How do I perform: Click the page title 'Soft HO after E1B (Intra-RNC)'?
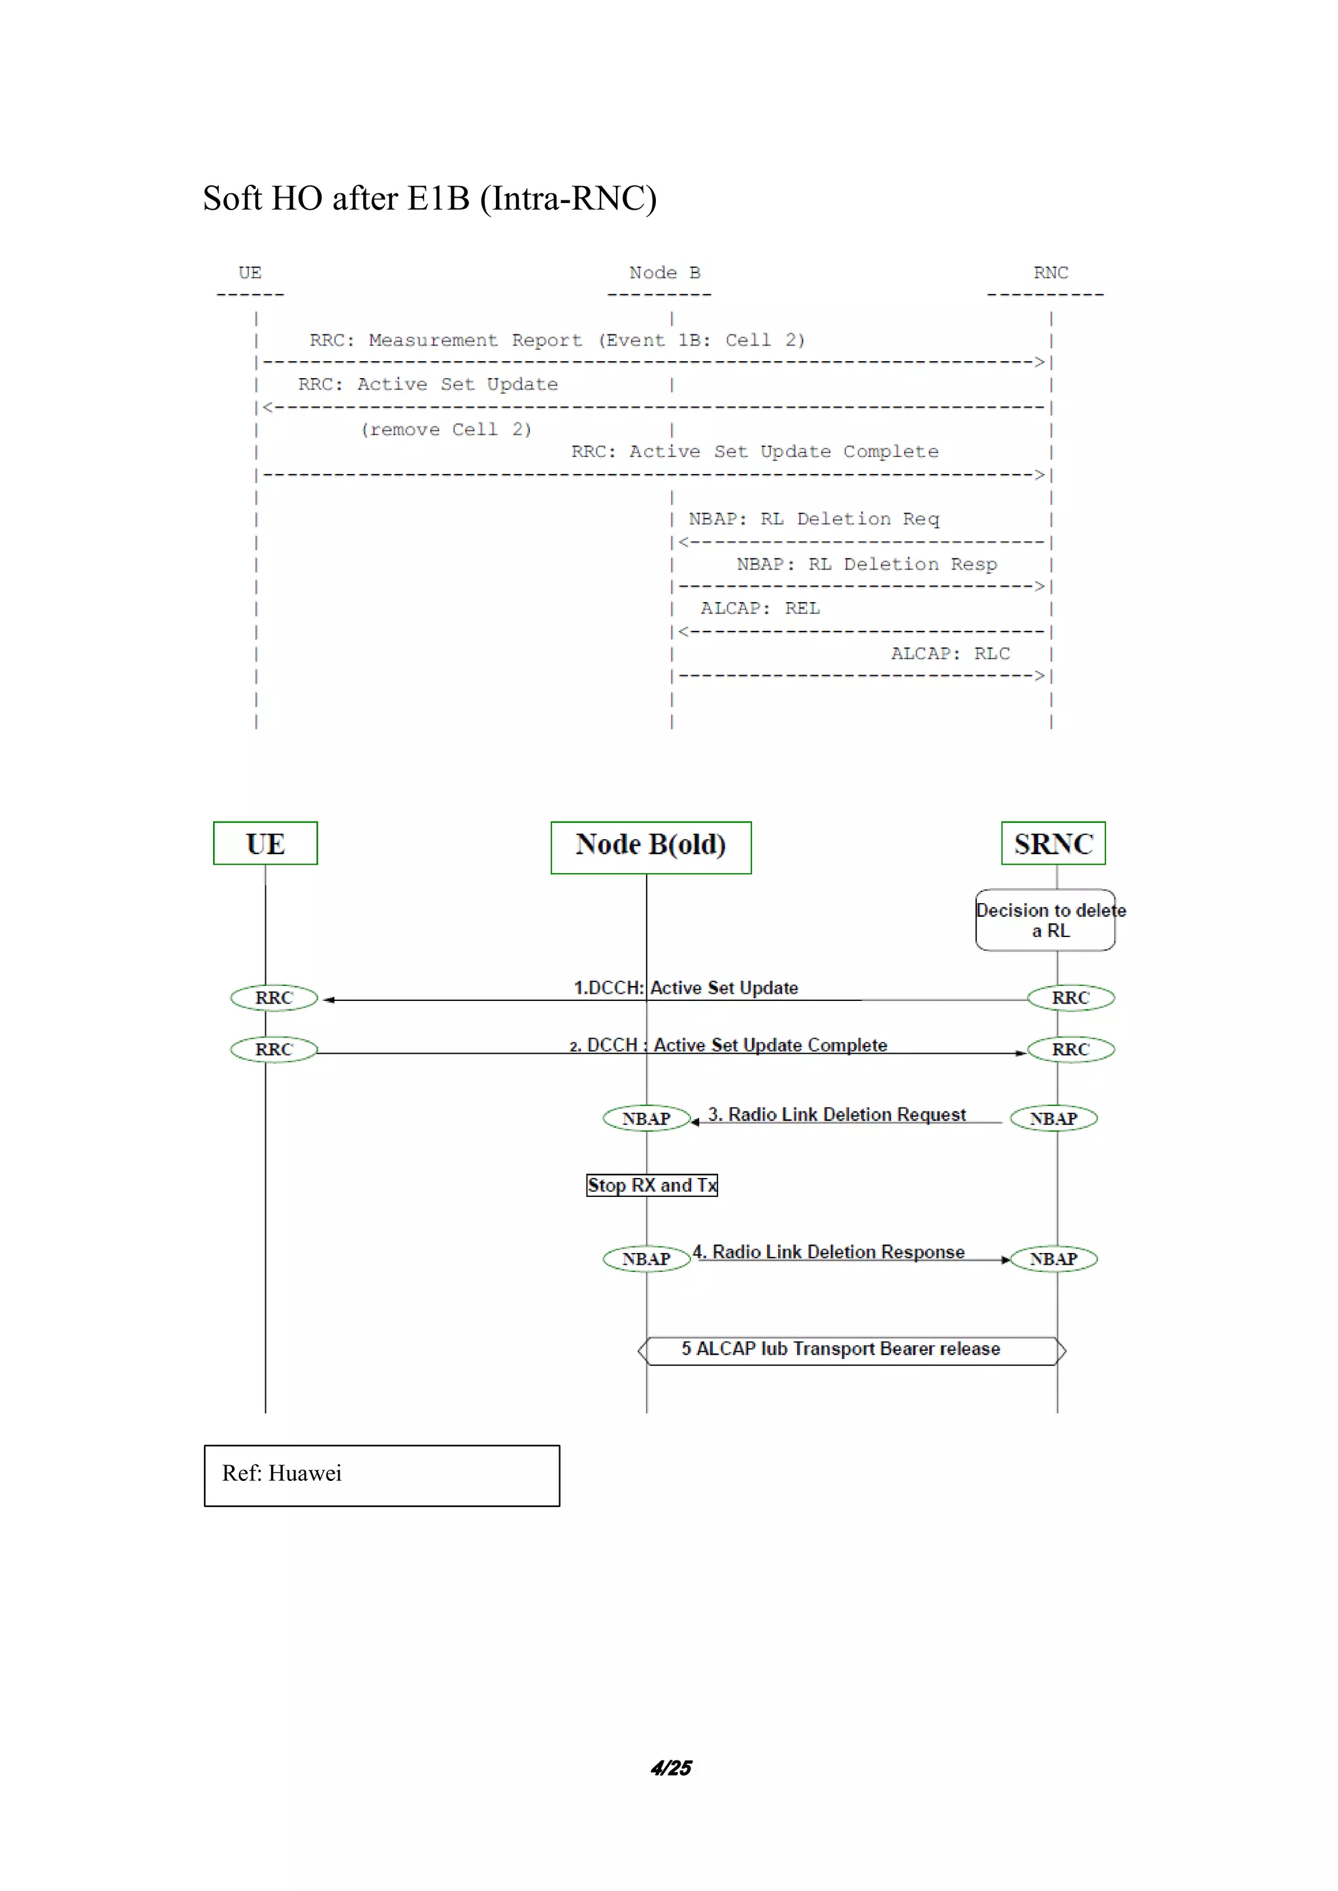coord(429,199)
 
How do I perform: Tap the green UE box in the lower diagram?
coord(265,844)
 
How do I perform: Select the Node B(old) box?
coord(651,847)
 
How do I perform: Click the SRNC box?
coord(1053,844)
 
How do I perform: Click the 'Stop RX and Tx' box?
coord(652,1185)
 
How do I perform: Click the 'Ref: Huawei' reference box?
coord(382,1474)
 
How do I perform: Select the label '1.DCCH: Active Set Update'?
coord(685,987)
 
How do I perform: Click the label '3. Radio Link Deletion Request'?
coord(836,1115)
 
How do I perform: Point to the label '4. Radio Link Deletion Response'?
coord(828,1252)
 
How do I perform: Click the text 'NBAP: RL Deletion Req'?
coord(813,519)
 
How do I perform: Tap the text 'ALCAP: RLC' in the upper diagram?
coord(950,654)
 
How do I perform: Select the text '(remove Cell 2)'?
coord(446,430)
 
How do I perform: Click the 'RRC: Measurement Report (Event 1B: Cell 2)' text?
coord(557,340)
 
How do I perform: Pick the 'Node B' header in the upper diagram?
coord(664,272)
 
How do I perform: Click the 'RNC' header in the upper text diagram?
coord(1051,272)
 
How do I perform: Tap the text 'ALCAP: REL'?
coord(760,609)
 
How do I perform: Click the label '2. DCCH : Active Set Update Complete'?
coord(728,1045)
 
